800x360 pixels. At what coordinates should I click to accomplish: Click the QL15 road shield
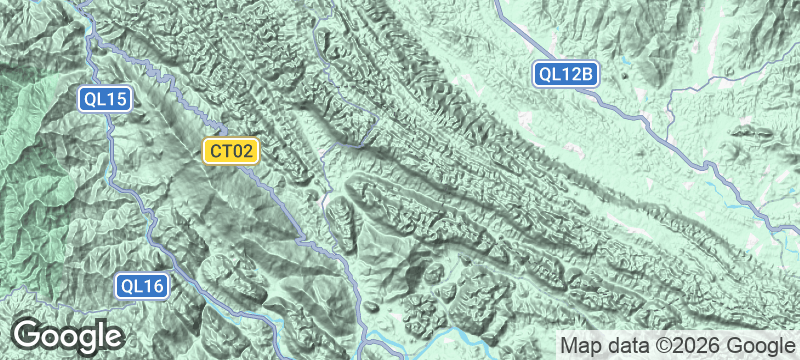coord(105,99)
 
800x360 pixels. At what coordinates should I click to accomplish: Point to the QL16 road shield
coord(141,286)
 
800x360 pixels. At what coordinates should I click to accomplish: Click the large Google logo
coord(68,335)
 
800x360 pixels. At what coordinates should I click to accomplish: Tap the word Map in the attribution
coord(582,345)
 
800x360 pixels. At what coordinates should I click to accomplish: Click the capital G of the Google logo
coord(27,334)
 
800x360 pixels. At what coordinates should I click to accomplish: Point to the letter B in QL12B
coord(590,73)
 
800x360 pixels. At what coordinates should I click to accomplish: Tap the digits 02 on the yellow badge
coord(246,151)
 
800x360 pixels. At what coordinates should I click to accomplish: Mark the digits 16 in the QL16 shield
coord(153,286)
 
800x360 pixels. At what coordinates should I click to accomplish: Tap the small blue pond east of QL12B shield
coord(624,71)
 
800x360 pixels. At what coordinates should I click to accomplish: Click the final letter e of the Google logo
coord(112,336)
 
